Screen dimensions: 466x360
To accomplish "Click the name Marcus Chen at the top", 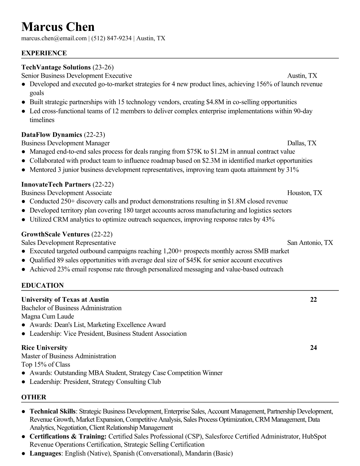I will (58, 27).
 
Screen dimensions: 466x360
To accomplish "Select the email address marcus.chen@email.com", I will (54, 38).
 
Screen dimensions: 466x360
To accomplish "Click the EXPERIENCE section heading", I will (44, 53).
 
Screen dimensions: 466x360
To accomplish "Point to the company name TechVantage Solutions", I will (56, 67).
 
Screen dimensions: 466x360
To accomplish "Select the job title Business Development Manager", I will (65, 143).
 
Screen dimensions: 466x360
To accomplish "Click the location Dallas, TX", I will (302, 143).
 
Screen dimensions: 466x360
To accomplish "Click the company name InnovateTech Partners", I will (56, 184).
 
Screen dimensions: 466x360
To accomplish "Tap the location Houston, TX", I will (305, 193).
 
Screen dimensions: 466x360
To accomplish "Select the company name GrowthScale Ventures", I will (55, 234).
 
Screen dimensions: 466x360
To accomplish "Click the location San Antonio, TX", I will (310, 243).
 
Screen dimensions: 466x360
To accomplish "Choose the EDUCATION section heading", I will (42, 286).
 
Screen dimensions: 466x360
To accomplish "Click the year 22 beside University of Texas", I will (314, 300).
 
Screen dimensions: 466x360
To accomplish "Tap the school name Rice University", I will (44, 348).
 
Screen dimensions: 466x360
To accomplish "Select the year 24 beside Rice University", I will (314, 348).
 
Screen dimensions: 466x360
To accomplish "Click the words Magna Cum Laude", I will (48, 317).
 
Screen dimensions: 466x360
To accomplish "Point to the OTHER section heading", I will (34, 397).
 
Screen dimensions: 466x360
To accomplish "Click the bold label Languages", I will (45, 453).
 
